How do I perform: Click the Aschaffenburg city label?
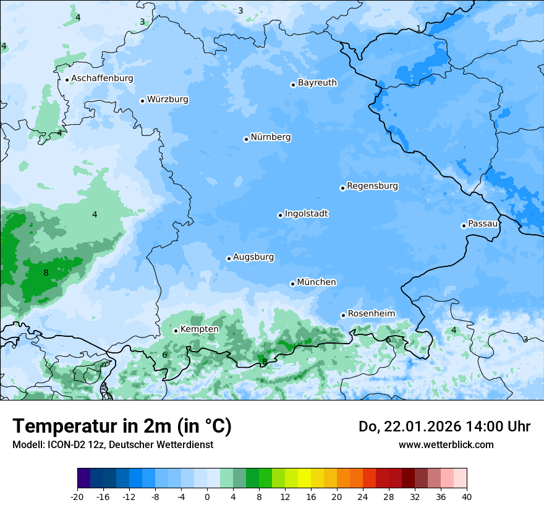[102, 78]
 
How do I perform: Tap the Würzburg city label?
[168, 100]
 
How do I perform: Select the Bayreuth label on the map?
[317, 83]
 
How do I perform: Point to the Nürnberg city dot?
[246, 139]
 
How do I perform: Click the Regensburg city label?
[372, 186]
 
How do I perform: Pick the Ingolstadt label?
[306, 214]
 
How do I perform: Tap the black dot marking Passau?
[464, 226]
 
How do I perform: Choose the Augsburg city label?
[253, 257]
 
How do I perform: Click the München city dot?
[292, 284]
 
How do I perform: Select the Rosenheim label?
[371, 314]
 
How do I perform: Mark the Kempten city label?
[199, 329]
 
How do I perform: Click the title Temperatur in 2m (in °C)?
[122, 426]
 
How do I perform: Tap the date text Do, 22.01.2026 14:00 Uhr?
[444, 426]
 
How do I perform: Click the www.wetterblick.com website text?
[446, 444]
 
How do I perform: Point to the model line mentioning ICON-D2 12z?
[113, 444]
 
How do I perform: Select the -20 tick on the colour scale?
[77, 496]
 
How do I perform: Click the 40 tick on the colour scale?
[466, 496]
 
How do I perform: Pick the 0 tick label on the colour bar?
[207, 496]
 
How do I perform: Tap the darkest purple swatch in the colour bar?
[83, 478]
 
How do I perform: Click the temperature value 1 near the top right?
[419, 29]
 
